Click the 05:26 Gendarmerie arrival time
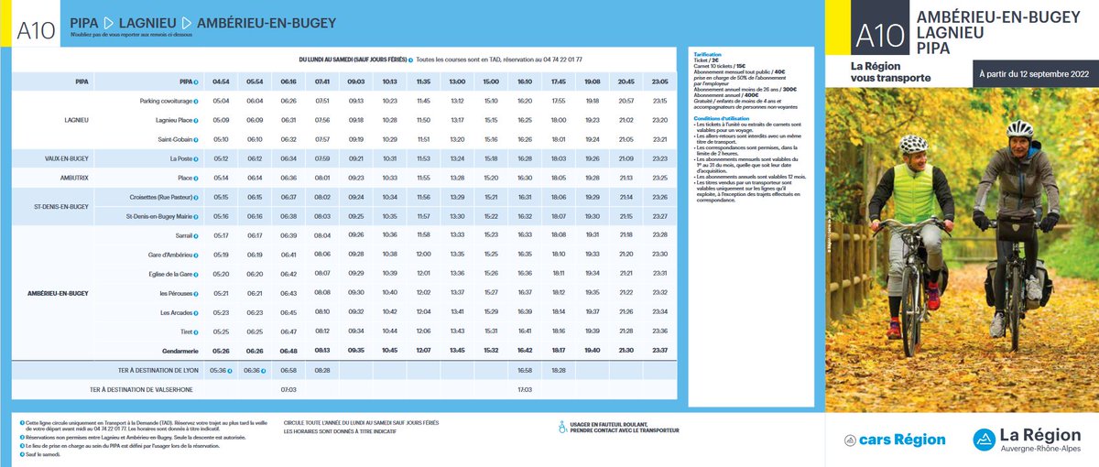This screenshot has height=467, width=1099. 221,351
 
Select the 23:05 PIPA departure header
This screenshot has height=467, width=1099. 660,81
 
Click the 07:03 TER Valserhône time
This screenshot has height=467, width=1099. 288,389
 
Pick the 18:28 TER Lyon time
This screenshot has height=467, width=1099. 559,370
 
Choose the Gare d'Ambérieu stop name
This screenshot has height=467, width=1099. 170,255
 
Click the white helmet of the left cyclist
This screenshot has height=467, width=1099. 913,144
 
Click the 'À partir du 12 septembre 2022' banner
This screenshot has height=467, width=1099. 1034,73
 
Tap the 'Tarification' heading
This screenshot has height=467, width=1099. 710,55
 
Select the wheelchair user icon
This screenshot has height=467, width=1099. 561,426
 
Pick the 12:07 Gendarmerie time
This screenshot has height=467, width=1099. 423,351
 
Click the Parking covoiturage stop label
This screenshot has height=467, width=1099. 166,101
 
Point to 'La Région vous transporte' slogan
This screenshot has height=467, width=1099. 890,71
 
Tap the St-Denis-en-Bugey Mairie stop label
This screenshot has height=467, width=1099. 159,216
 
